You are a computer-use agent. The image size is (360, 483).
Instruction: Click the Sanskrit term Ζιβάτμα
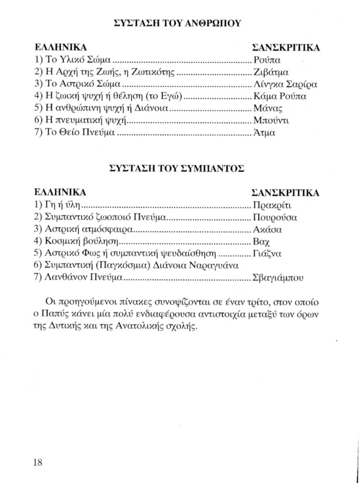(270, 73)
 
